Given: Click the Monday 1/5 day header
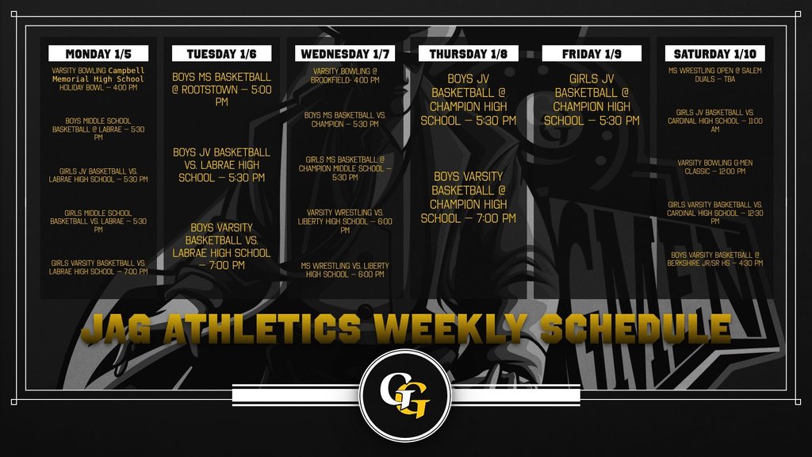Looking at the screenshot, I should click(98, 54).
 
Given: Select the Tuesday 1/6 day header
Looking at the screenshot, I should click(222, 54).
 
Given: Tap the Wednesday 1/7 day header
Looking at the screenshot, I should click(345, 54).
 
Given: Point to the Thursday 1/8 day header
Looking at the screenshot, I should click(469, 54).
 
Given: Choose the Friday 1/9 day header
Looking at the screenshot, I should click(592, 54).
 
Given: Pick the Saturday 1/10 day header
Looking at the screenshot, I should click(715, 54).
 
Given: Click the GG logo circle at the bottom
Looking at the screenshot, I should click(405, 395).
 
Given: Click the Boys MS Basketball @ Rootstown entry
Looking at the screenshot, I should click(222, 90).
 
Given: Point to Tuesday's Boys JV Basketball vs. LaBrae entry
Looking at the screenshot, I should click(222, 164).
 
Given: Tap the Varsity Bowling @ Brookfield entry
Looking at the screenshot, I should click(345, 75).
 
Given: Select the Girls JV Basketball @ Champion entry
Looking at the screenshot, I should click(592, 100).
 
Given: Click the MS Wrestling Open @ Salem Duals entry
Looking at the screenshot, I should click(715, 75).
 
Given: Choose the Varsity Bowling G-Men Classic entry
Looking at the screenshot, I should click(715, 167).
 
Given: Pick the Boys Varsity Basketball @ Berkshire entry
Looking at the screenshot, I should click(715, 259).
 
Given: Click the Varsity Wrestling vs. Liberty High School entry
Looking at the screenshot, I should click(345, 221).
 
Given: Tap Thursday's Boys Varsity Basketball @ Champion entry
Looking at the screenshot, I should click(469, 198).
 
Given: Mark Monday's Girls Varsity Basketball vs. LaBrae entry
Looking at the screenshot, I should click(98, 267).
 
